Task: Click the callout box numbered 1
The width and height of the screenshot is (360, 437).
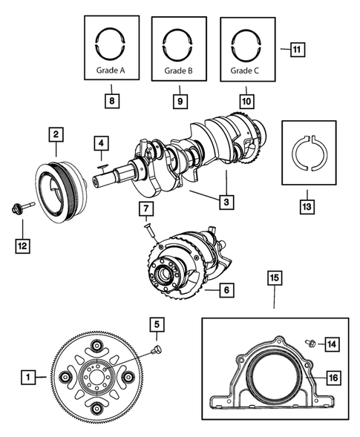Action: pyautogui.click(x=27, y=378)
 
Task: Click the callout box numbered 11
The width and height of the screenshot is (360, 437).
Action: pyautogui.click(x=297, y=50)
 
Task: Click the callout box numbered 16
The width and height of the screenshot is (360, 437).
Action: pyautogui.click(x=333, y=378)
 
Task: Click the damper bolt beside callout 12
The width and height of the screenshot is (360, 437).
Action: pyautogui.click(x=20, y=207)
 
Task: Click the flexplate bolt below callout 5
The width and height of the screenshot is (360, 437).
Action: pyautogui.click(x=157, y=349)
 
